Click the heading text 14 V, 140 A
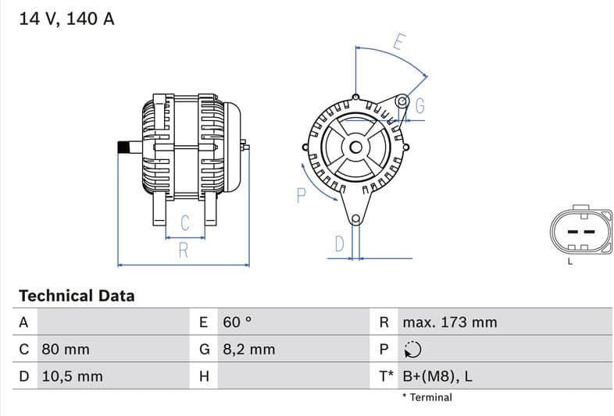66,20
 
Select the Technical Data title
77,296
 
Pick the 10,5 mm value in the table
71,376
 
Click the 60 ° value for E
237,322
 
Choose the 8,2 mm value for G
248,349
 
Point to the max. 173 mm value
449,322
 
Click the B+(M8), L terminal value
437,376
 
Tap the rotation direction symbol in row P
412,350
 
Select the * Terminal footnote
427,397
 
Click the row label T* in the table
386,376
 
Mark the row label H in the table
204,376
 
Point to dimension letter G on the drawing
419,106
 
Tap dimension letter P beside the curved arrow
301,195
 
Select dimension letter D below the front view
339,244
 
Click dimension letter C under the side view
185,222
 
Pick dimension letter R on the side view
184,251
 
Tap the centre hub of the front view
355,147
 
